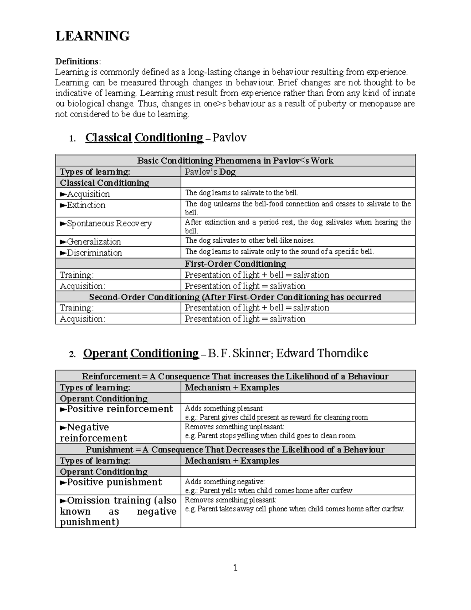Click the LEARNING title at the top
(93, 36)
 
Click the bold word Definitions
(77, 61)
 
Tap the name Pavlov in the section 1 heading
(229, 137)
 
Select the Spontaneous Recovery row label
(106, 223)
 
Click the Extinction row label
(83, 205)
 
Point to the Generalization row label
(90, 242)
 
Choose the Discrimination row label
(91, 253)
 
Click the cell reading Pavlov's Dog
(210, 172)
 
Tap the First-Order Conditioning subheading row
(235, 264)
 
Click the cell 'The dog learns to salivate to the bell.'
(241, 193)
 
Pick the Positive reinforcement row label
(116, 409)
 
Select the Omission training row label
(118, 511)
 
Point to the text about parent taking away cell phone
(294, 509)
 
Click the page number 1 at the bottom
(235, 568)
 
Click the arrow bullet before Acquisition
(63, 194)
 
